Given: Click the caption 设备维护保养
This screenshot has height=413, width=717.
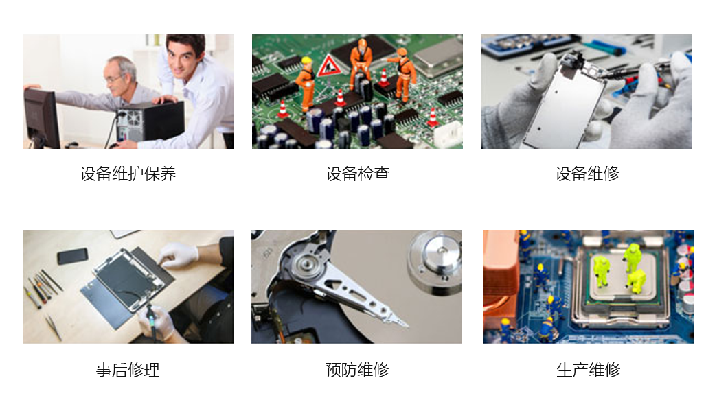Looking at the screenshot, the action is pos(128,174).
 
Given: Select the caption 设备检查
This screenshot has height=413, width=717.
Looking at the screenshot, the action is pos(358,174).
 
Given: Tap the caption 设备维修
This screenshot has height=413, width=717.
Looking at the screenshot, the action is pos(587,174).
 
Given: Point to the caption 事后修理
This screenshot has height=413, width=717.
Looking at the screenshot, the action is pos(128,370).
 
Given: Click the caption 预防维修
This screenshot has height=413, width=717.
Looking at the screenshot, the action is pos(357,370).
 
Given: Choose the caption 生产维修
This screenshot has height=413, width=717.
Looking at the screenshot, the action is pos(588,370).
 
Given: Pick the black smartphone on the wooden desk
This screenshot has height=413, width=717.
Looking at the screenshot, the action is pos(72,256).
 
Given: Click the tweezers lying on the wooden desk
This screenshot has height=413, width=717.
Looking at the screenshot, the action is pos(54,327).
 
